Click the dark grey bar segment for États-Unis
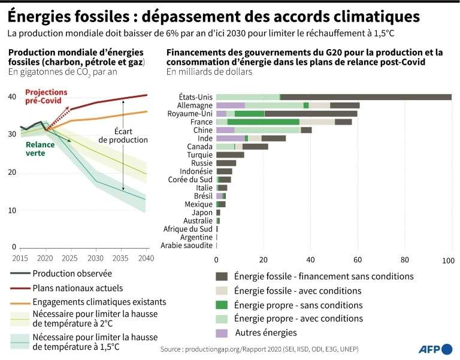[365, 97]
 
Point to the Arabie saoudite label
[186, 246]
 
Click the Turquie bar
[222, 155]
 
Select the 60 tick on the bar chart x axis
[358, 259]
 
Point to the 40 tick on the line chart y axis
[12, 96]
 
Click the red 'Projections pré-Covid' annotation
[46, 96]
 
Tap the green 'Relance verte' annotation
[40, 149]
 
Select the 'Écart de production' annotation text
[123, 135]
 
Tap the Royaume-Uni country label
[190, 113]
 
